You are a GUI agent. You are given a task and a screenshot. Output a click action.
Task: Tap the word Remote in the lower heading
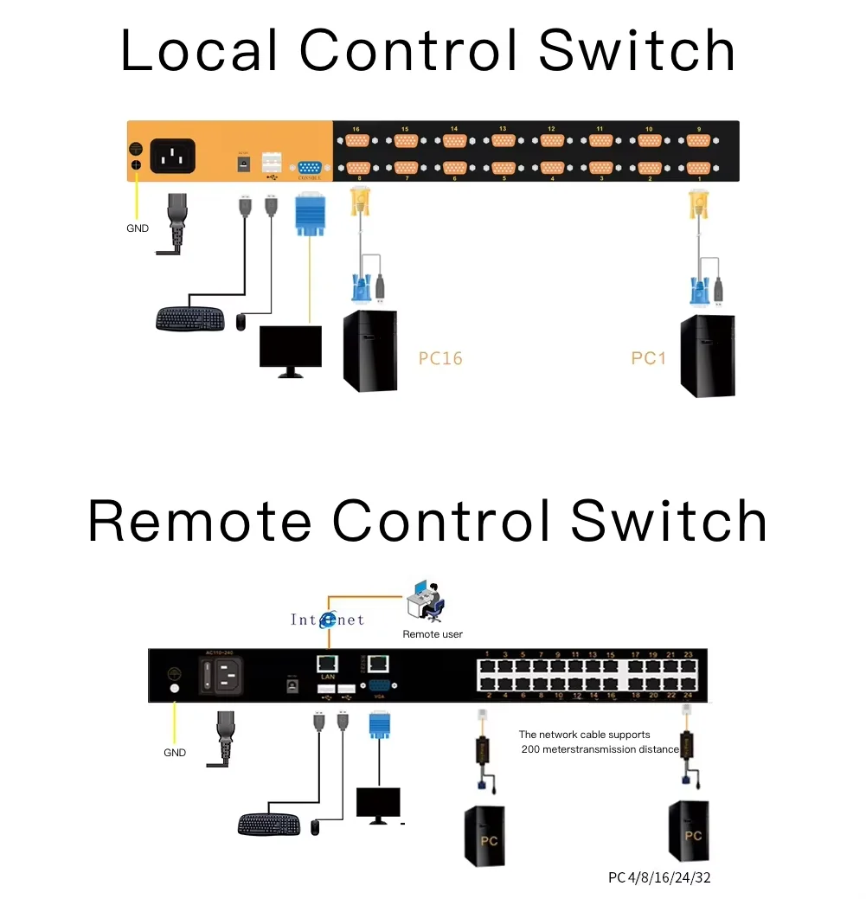click(200, 522)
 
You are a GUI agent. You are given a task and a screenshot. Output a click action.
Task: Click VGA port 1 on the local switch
click(698, 167)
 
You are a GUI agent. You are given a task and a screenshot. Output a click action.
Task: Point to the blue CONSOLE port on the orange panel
click(309, 168)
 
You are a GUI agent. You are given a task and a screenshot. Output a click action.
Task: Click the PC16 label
click(440, 357)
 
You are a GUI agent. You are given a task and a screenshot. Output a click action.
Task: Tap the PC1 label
click(648, 357)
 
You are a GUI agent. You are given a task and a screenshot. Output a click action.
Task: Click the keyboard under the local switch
click(192, 318)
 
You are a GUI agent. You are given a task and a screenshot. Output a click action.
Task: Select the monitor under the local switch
click(291, 350)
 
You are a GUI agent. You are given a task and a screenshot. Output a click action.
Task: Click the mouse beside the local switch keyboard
click(241, 322)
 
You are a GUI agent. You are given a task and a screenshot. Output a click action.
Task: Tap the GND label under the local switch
click(137, 229)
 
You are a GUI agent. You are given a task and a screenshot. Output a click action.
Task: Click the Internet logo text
click(327, 620)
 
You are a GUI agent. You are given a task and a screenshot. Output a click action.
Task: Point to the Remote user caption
click(433, 634)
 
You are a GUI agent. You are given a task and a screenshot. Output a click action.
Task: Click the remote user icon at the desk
click(427, 600)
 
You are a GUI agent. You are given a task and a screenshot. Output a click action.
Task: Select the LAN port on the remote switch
click(328, 665)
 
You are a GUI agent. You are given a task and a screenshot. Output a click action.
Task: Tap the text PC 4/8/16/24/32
click(659, 877)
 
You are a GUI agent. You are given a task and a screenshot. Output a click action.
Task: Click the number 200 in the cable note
click(532, 749)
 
